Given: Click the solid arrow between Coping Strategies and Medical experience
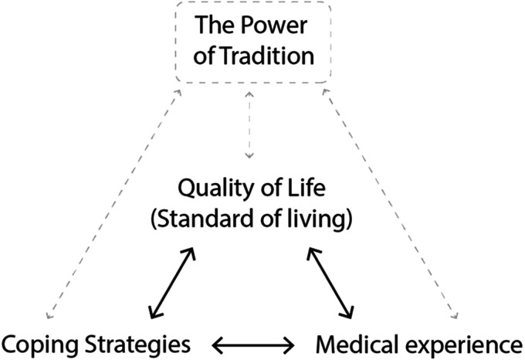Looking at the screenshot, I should pyautogui.click(x=254, y=341).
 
